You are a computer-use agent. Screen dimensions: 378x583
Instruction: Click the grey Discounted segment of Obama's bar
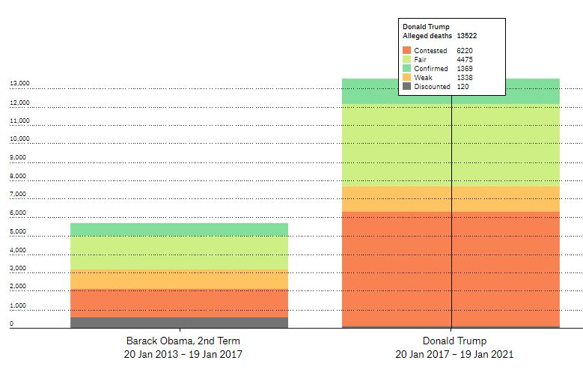point(179,323)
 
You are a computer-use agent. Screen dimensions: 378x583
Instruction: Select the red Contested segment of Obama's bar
point(179,303)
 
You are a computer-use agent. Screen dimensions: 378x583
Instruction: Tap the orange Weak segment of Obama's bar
point(179,280)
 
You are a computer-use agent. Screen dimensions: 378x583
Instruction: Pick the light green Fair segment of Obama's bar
point(179,253)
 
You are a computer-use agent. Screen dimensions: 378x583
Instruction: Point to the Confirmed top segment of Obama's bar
point(179,230)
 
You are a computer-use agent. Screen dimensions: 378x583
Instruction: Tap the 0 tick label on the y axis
point(12,324)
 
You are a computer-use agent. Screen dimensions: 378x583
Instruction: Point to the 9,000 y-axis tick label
point(17,158)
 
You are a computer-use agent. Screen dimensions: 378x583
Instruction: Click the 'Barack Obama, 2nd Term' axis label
point(183,341)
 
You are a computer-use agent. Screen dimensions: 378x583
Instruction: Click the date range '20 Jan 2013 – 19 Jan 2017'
point(183,354)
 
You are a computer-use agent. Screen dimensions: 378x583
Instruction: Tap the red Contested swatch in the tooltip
point(406,50)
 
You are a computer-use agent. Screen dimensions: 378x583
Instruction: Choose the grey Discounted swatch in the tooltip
point(406,86)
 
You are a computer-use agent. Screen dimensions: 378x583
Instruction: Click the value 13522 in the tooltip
point(468,35)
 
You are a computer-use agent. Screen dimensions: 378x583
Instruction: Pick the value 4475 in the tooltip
point(465,59)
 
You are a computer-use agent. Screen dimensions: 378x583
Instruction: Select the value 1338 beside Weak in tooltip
point(465,77)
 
